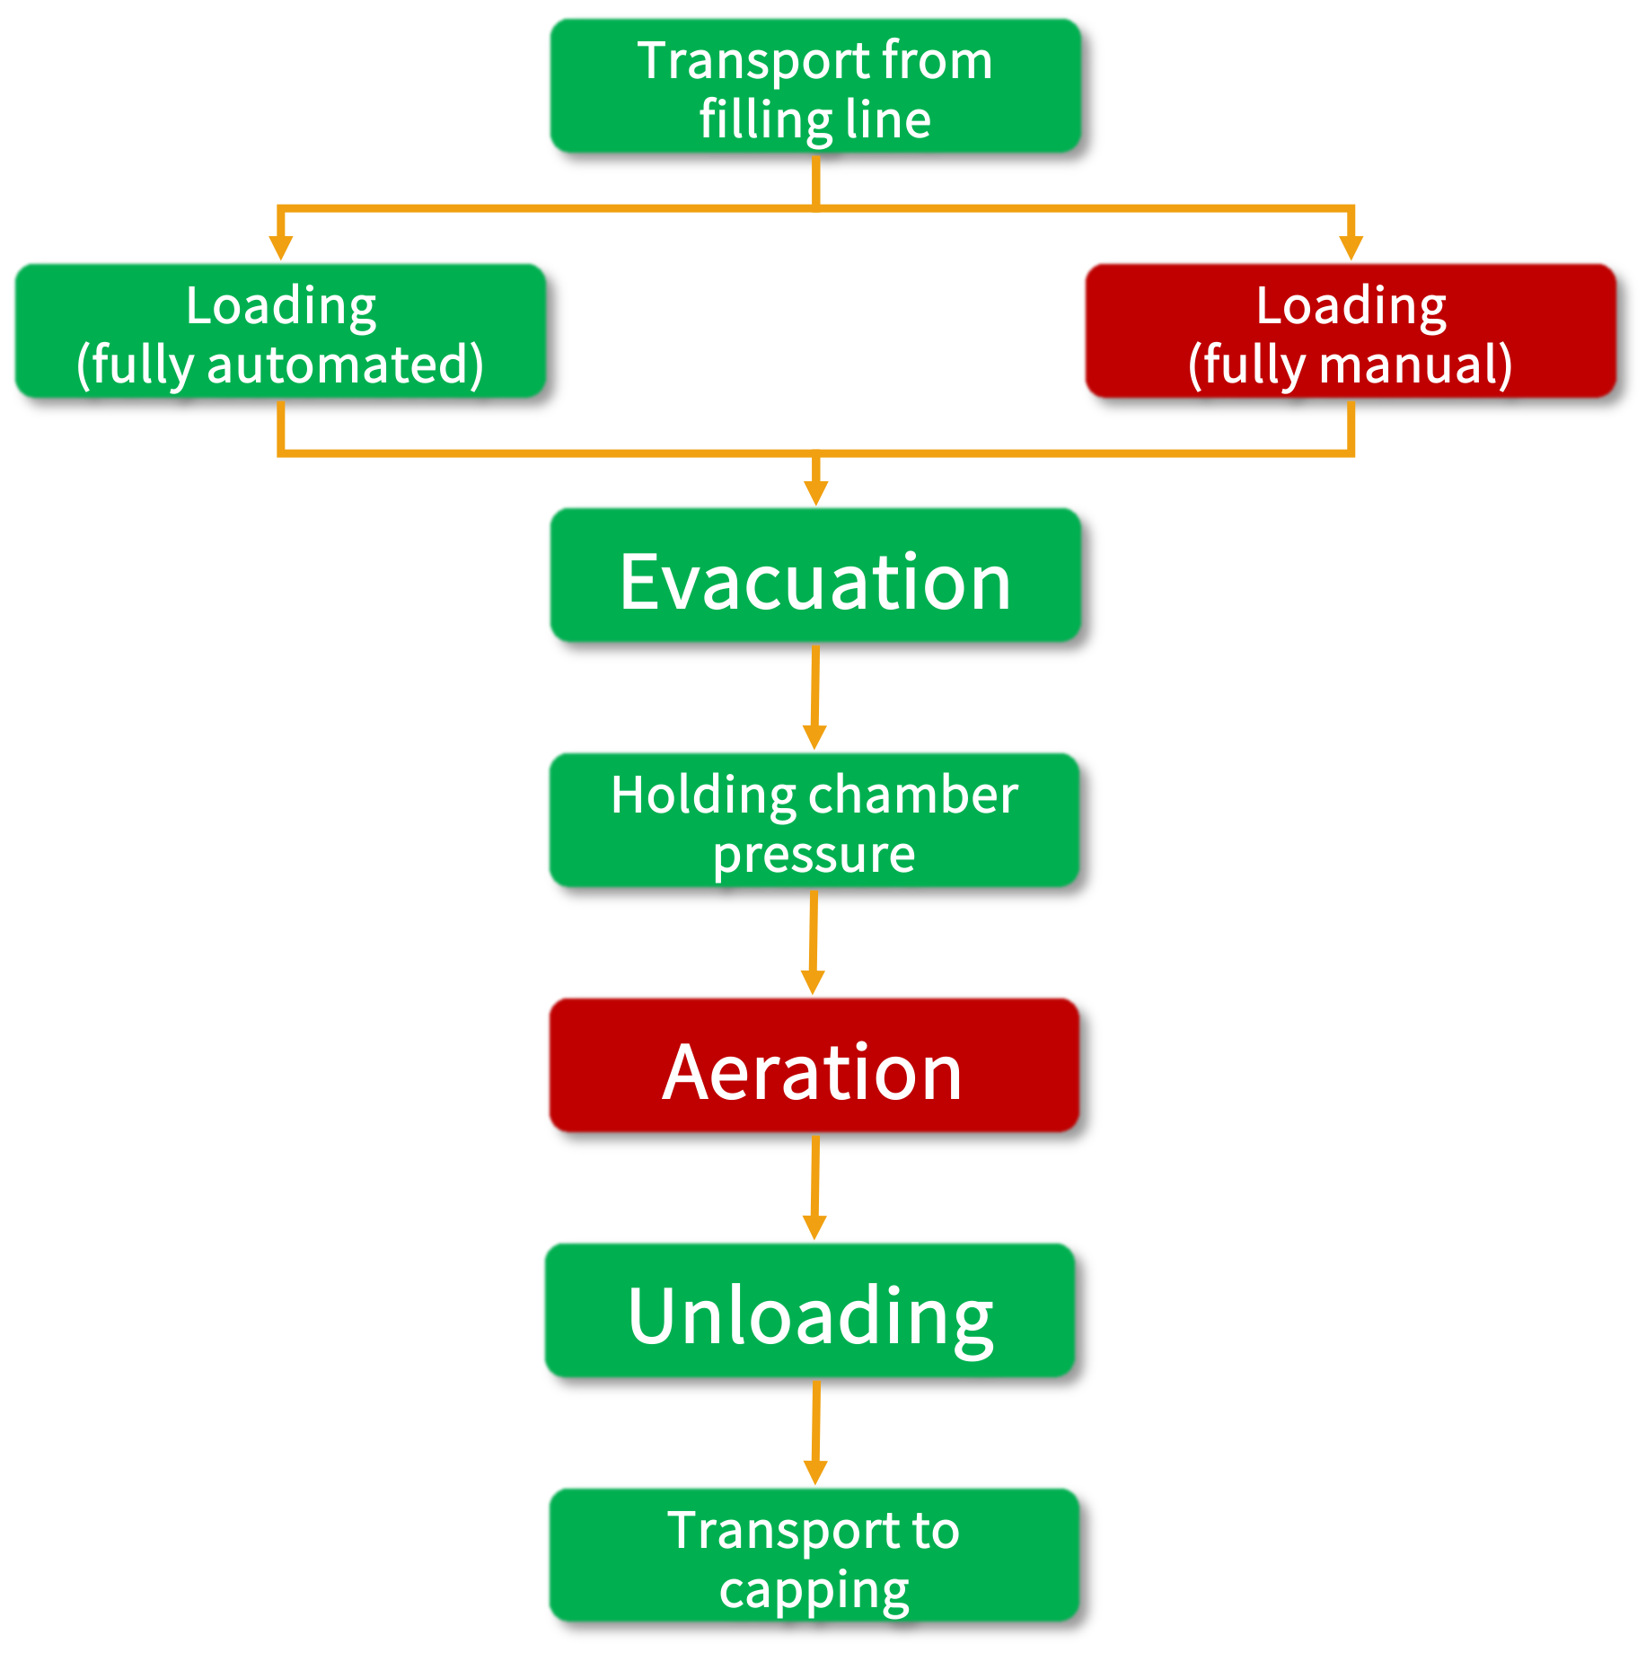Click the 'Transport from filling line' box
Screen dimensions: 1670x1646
pyautogui.click(x=814, y=85)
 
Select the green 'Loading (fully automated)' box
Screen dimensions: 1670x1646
pyautogui.click(x=279, y=330)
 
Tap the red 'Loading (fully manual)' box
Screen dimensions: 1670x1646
pyautogui.click(x=1350, y=330)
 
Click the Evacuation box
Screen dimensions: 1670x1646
pyautogui.click(x=814, y=575)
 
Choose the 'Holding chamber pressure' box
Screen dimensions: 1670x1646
pyautogui.click(x=814, y=820)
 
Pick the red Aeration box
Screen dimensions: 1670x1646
pyautogui.click(x=813, y=1065)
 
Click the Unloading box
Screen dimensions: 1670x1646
pyautogui.click(x=809, y=1310)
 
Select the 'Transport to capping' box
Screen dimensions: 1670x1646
pyautogui.click(x=814, y=1554)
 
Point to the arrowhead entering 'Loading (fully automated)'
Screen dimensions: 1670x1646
pyautogui.click(x=281, y=247)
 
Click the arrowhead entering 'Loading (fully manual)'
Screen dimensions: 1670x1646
pyautogui.click(x=1351, y=247)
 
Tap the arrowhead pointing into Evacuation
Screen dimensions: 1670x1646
pyautogui.click(x=815, y=492)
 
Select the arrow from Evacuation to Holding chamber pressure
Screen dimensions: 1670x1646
pyautogui.click(x=814, y=696)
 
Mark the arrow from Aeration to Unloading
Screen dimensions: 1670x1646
pyautogui.click(x=814, y=1186)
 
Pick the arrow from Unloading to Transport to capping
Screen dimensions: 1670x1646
pyautogui.click(x=815, y=1431)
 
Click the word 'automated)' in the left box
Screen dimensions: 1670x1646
pyautogui.click(x=346, y=365)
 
